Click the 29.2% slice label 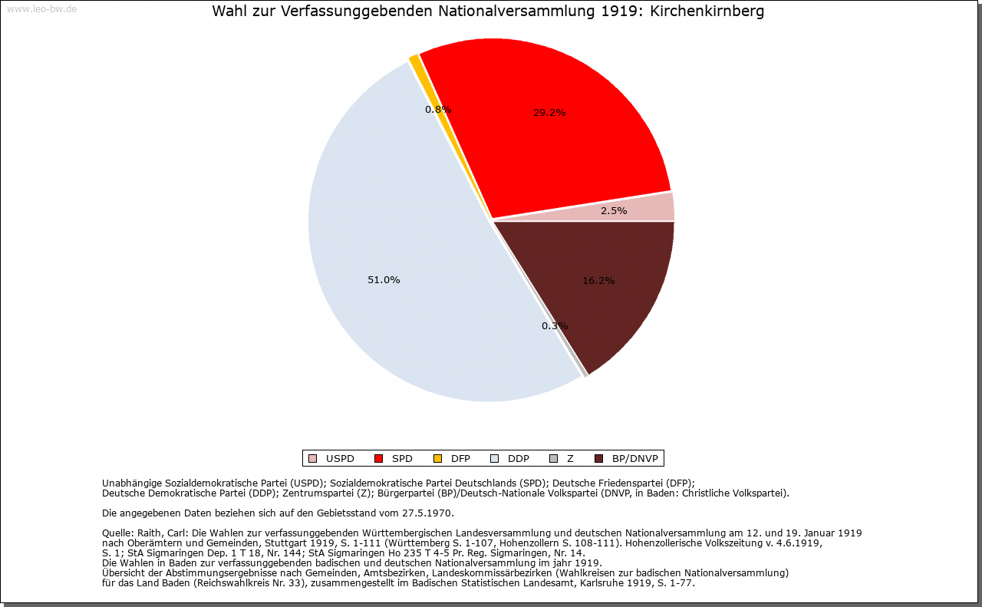549,112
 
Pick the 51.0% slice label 384,280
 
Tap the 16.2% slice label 598,281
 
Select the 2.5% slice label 614,211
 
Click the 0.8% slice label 438,110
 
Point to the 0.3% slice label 555,326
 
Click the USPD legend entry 332,459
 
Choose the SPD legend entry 394,459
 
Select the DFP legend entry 453,459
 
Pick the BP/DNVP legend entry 628,459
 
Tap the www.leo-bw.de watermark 41,10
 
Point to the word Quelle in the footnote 117,533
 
